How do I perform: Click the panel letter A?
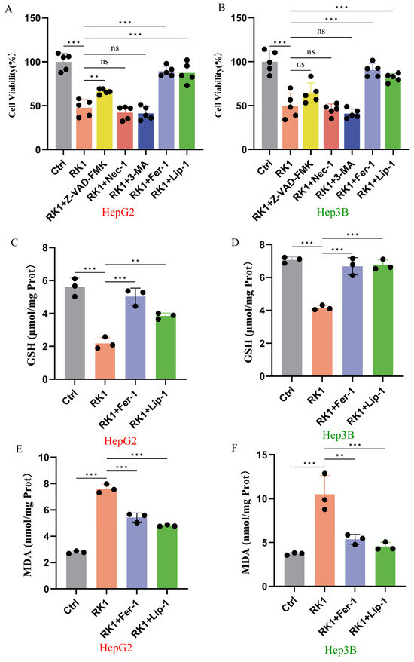point(8,8)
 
